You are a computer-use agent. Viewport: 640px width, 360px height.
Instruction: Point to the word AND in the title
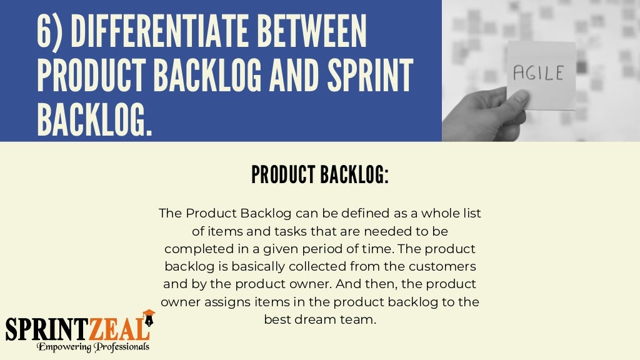pyautogui.click(x=291, y=76)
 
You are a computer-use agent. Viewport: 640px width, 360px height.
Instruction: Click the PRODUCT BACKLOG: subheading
pyautogui.click(x=320, y=176)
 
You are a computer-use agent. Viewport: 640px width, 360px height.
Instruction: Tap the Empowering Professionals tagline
pyautogui.click(x=92, y=346)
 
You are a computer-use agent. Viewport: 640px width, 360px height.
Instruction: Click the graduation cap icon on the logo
pyautogui.click(x=149, y=314)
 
